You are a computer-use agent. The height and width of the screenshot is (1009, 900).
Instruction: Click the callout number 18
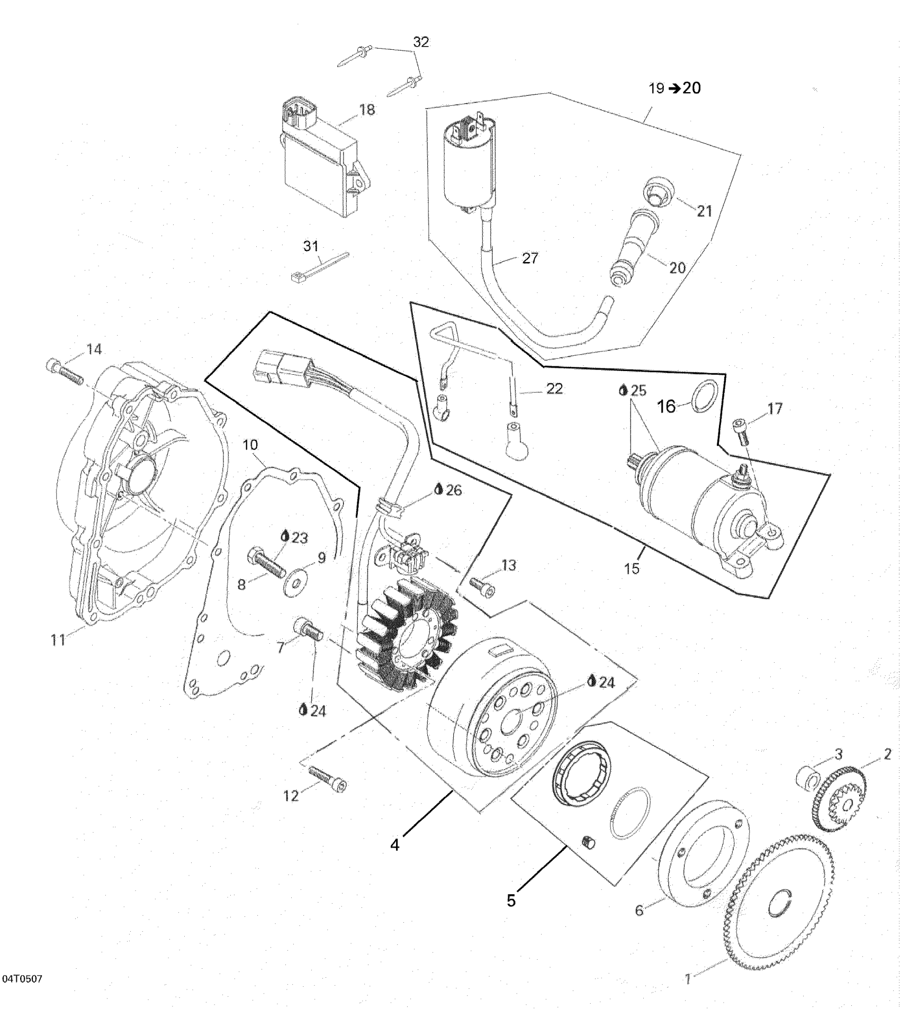[x=367, y=110]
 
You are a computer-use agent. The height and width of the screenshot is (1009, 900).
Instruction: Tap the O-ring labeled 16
[x=706, y=397]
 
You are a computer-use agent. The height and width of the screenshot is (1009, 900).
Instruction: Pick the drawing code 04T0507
[x=22, y=978]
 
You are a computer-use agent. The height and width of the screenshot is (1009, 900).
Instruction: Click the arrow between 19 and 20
[x=674, y=89]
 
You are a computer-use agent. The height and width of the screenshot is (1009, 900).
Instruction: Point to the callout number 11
[x=58, y=639]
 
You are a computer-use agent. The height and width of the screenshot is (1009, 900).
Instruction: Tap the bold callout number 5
[x=511, y=900]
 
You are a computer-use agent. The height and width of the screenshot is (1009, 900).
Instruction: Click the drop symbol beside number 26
[x=438, y=490]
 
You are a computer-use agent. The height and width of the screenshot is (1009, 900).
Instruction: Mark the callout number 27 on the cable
[x=529, y=258]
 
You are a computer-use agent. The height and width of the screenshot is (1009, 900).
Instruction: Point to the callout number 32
[x=421, y=42]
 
